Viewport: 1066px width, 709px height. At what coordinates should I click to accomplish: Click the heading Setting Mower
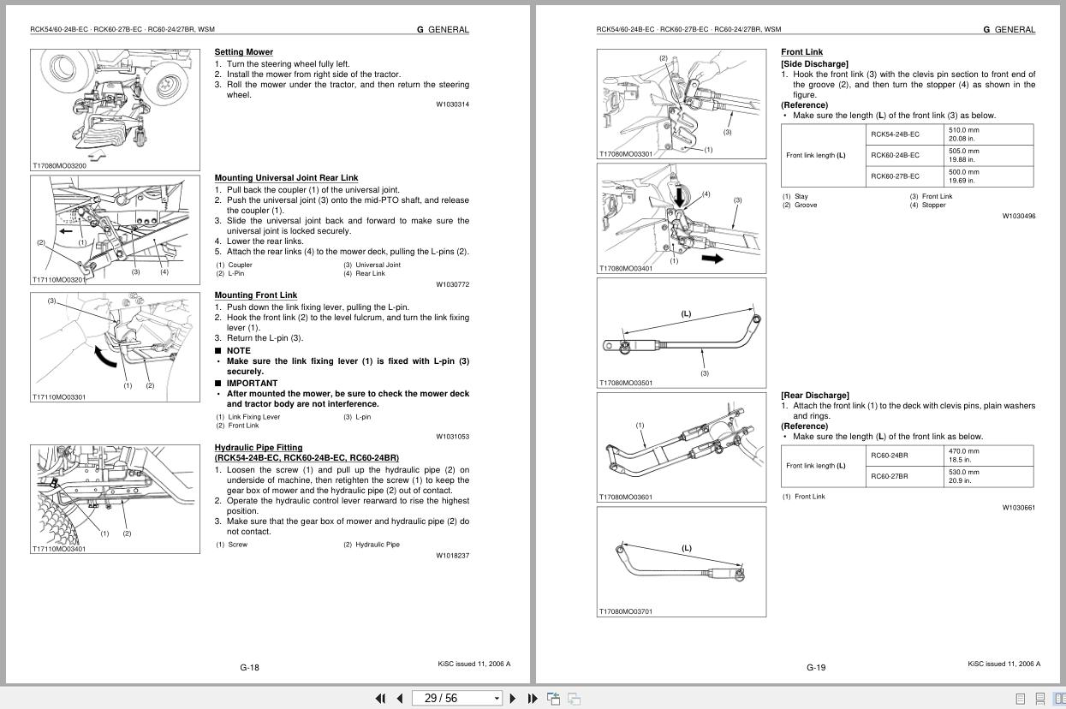point(243,52)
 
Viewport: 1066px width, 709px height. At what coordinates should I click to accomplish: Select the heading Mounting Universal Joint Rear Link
point(286,178)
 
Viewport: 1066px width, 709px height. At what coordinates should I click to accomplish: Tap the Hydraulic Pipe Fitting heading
point(258,447)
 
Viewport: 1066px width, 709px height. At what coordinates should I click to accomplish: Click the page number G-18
point(249,668)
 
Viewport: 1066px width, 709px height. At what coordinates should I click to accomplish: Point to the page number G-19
point(816,668)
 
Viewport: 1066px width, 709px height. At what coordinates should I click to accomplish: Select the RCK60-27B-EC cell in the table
point(895,176)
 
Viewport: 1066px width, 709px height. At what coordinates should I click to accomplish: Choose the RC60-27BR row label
point(890,476)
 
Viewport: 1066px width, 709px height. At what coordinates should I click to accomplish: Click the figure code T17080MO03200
point(59,166)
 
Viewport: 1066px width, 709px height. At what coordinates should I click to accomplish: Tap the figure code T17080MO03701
point(625,611)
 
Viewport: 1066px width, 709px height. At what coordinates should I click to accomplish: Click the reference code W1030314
point(452,104)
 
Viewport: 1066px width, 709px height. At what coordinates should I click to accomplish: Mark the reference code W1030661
point(1018,508)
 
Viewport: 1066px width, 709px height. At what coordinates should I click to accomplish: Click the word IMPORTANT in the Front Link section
point(252,384)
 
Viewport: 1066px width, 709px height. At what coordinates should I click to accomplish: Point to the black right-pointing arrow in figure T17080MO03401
point(712,258)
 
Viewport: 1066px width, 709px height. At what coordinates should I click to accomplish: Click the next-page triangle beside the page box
point(513,699)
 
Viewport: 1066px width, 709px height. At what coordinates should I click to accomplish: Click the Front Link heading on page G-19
point(801,52)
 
